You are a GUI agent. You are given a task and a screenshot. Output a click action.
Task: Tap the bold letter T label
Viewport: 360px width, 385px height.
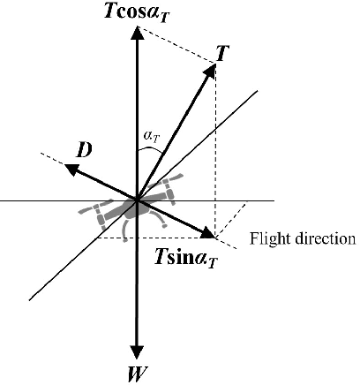221,54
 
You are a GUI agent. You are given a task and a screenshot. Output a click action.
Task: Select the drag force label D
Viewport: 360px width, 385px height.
85,151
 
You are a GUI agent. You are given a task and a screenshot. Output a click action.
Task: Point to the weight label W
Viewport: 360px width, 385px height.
136,373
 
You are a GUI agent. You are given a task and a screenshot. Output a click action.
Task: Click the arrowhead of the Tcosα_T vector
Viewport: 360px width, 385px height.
136,34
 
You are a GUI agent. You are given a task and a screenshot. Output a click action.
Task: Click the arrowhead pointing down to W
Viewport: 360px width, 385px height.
136,351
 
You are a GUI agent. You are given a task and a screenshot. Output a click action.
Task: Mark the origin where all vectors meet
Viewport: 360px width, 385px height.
136,200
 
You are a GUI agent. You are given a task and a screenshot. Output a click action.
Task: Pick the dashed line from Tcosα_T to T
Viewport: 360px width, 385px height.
176,43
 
